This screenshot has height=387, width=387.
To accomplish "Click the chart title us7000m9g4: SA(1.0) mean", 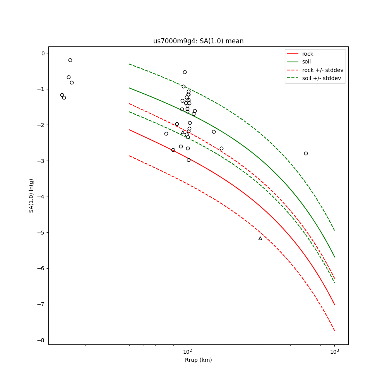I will (x=198, y=41).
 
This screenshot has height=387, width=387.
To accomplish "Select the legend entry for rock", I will (x=308, y=54).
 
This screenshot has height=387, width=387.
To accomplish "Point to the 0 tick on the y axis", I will (x=43, y=53).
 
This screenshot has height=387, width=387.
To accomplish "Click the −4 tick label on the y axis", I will (x=41, y=197).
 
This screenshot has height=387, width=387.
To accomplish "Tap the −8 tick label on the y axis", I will (x=41, y=340).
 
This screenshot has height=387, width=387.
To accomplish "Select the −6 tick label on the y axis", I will (x=41, y=268).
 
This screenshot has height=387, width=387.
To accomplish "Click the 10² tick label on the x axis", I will (x=188, y=351).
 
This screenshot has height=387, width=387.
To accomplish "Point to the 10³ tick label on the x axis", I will (x=334, y=351).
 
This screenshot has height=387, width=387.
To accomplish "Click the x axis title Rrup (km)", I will (x=198, y=360).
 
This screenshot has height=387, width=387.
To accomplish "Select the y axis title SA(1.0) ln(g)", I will (x=31, y=195).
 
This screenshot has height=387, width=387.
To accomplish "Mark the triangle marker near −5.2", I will (x=260, y=238).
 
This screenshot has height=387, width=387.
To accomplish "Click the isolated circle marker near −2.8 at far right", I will (x=306, y=153).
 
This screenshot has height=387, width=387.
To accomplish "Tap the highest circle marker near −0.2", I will (x=70, y=60).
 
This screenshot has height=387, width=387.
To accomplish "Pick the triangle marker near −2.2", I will (x=183, y=132).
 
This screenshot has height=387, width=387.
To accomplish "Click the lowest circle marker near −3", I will (x=188, y=160).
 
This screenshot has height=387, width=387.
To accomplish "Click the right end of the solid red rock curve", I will (x=334, y=305).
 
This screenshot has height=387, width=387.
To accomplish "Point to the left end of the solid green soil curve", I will (x=129, y=88).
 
